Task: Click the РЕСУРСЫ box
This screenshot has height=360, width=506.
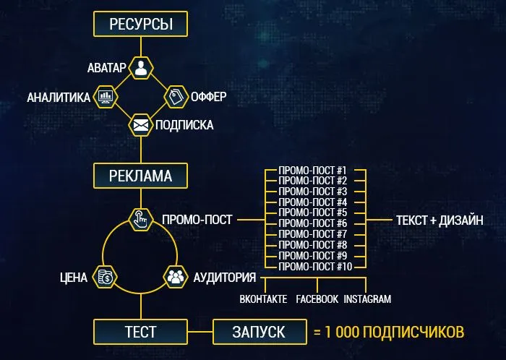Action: (141, 24)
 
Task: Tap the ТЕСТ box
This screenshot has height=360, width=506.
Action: (142, 332)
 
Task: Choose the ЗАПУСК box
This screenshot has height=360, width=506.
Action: (258, 332)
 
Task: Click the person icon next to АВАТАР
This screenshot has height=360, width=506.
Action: (141, 69)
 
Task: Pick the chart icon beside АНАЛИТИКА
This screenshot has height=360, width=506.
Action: (106, 97)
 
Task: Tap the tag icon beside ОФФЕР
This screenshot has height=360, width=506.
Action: (176, 97)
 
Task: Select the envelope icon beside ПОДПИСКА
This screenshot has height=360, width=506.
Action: (141, 125)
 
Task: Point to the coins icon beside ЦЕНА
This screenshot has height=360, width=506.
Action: (105, 277)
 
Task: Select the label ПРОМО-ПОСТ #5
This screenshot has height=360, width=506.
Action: (313, 213)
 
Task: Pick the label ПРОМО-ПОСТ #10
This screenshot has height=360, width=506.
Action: (314, 267)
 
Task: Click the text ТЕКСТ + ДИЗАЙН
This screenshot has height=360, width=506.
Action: (439, 218)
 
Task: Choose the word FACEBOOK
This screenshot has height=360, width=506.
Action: (317, 299)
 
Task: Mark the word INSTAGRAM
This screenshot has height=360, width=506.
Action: (367, 299)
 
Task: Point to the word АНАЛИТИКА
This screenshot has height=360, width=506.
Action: (59, 97)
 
